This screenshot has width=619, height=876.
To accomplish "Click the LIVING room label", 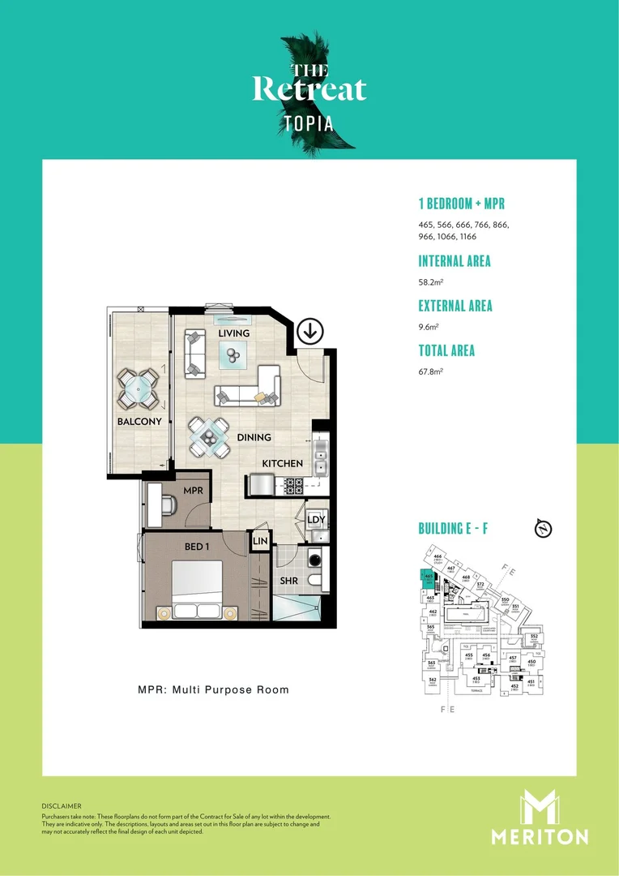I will coord(233,333).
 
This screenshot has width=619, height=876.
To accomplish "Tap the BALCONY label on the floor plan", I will coord(139,421).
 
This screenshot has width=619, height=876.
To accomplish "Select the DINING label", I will coord(254,437).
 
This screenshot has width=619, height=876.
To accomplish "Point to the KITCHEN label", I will coord(282,463).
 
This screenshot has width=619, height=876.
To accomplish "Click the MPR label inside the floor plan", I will coord(193,491).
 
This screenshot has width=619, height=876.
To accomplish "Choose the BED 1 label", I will coord(197,546).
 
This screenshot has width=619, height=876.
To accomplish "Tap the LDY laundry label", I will coord(316,519).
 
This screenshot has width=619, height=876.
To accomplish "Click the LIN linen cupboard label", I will coord(260,541).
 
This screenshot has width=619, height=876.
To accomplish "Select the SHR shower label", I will coord(289,581).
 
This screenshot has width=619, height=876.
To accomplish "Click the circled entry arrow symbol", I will coord(309,331).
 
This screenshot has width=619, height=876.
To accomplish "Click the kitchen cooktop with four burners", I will coord(293,486).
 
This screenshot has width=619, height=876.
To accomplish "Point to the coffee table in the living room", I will coord(233,352).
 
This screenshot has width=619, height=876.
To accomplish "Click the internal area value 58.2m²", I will coord(430,282).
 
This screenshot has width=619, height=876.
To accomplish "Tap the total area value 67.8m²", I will coord(430,371).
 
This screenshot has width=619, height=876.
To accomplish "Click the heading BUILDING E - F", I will coord(452,529).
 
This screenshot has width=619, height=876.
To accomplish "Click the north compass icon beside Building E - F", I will coord(544,529).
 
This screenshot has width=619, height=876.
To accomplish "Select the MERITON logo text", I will coord(540,836).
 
